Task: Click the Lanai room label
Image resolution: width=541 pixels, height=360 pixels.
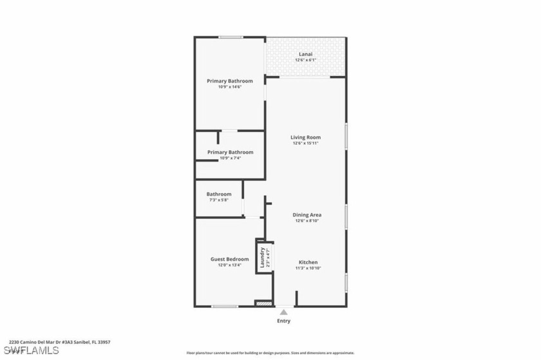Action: [306, 53]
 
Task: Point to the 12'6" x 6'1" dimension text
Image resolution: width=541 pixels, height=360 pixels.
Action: [306, 60]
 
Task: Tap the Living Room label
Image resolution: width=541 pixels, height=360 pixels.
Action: [306, 137]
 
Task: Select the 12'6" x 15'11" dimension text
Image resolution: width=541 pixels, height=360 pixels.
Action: [306, 144]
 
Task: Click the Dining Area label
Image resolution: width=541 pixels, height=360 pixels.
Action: [307, 214]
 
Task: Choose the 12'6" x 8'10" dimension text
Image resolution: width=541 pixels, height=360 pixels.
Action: [307, 221]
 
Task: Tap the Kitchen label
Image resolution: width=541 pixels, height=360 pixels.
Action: [308, 262]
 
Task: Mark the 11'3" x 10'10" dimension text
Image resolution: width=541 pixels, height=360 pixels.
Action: [308, 269]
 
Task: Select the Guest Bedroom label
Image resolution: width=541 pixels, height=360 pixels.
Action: [229, 259]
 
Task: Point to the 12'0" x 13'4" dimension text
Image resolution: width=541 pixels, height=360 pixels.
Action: [229, 265]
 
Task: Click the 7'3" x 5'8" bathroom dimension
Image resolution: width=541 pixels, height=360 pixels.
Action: [219, 200]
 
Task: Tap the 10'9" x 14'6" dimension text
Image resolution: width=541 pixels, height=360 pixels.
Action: [229, 88]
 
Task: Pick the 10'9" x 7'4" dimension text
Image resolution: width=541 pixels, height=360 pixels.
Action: [229, 158]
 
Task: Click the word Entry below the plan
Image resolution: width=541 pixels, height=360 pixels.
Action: [283, 321]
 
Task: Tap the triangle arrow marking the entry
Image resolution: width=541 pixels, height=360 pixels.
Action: [283, 312]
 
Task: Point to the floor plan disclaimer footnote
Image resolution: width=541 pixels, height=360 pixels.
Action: [270, 353]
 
